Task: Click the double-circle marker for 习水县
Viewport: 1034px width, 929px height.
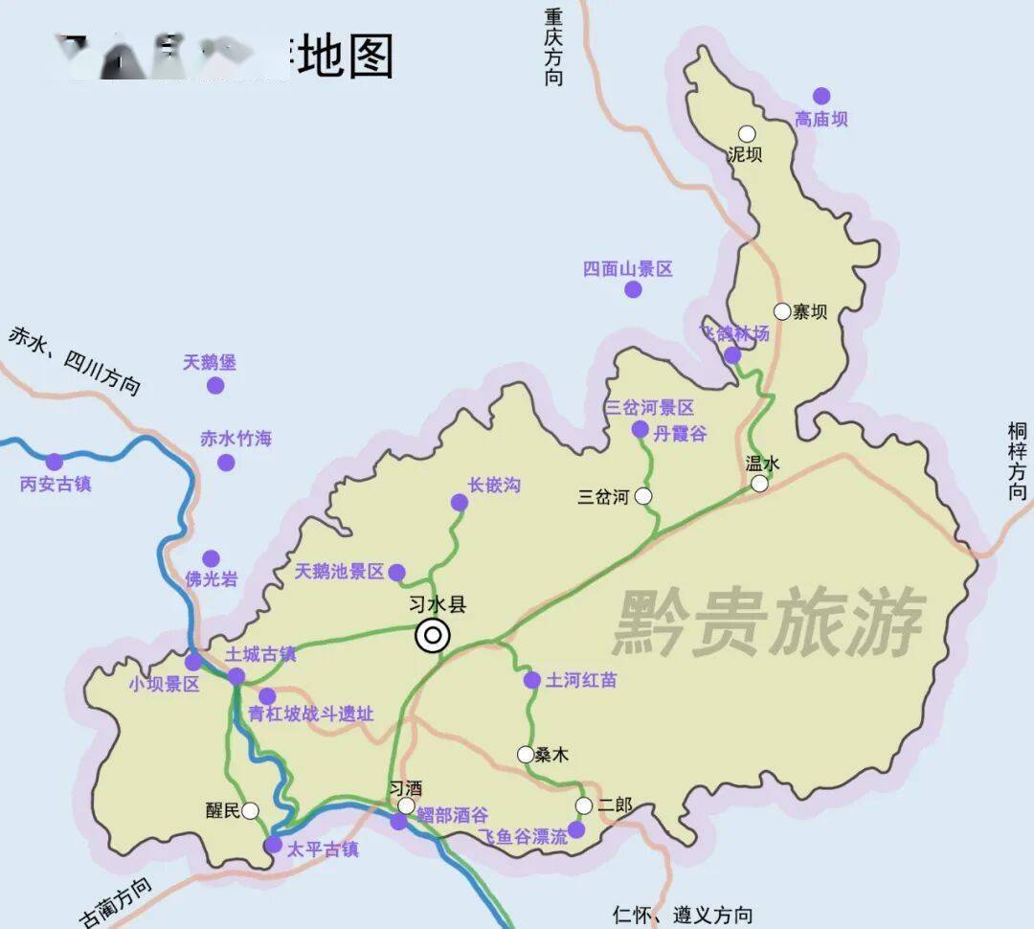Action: coord(433,635)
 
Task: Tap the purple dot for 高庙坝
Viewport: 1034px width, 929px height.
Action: coord(821,96)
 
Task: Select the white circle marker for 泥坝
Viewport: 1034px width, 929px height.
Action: coord(747,134)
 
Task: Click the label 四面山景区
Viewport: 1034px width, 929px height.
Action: coord(628,269)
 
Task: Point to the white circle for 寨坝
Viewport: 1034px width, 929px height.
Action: coord(782,311)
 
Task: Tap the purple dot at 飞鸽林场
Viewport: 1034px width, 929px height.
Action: coord(732,355)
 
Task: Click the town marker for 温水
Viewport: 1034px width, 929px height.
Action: coord(759,484)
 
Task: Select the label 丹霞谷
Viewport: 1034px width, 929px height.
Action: coord(680,434)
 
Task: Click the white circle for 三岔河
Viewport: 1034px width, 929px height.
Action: coord(643,496)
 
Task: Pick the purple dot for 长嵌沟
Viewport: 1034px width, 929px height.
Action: coord(460,502)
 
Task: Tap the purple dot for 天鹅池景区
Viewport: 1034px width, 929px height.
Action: coord(396,572)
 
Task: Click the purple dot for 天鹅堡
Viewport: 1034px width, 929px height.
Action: coord(215,385)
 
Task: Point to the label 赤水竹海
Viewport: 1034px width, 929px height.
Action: coord(236,439)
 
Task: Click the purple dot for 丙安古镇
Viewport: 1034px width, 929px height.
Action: coord(55,462)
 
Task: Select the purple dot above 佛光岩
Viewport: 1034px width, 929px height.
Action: coord(211,558)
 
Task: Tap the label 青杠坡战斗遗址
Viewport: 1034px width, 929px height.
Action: coord(310,714)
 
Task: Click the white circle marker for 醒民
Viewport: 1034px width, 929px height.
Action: coord(250,811)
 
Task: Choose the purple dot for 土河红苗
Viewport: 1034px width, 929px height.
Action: coord(531,680)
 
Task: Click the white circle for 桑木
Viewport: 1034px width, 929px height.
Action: coord(526,755)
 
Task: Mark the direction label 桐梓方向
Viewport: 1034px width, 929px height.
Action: coord(1017,461)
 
